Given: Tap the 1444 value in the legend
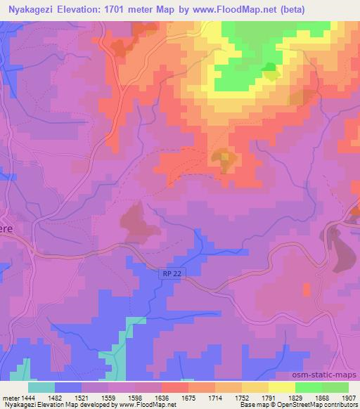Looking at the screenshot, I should (28, 397).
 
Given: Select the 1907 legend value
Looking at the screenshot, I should (349, 397).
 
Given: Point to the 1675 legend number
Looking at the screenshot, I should (188, 397).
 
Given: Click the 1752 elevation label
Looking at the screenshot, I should (242, 397).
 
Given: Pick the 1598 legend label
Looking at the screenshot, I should (135, 397).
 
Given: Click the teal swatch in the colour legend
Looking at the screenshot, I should (41, 387).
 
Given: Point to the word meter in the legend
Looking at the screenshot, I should (10, 397).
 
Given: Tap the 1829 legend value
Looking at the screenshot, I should (295, 397).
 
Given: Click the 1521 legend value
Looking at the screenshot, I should (82, 397).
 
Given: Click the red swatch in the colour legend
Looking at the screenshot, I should (175, 387).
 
